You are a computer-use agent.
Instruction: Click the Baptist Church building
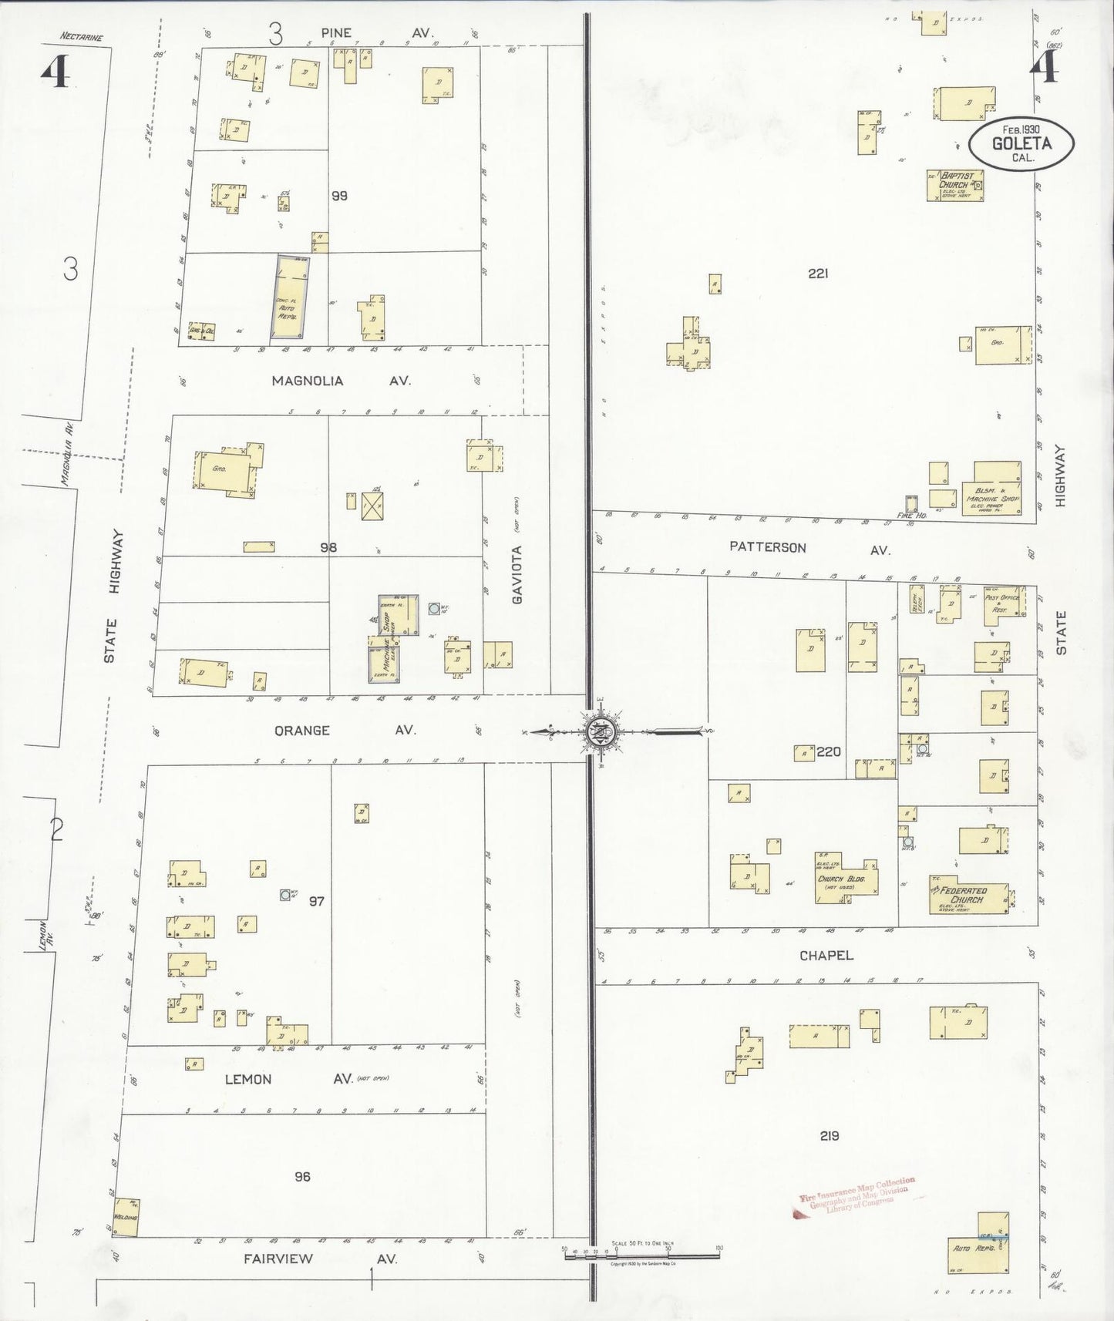(955, 186)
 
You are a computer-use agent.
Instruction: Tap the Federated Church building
(968, 896)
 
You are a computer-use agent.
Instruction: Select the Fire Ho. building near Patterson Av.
(911, 505)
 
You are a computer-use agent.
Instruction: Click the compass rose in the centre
(600, 731)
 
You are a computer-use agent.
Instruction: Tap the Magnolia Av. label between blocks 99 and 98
(339, 381)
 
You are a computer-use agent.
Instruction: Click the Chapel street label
(826, 955)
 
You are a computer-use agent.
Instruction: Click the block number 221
(818, 273)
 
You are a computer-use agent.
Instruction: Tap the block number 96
(302, 1176)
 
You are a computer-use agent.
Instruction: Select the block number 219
(830, 1135)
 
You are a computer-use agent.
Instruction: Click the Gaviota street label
(517, 574)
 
